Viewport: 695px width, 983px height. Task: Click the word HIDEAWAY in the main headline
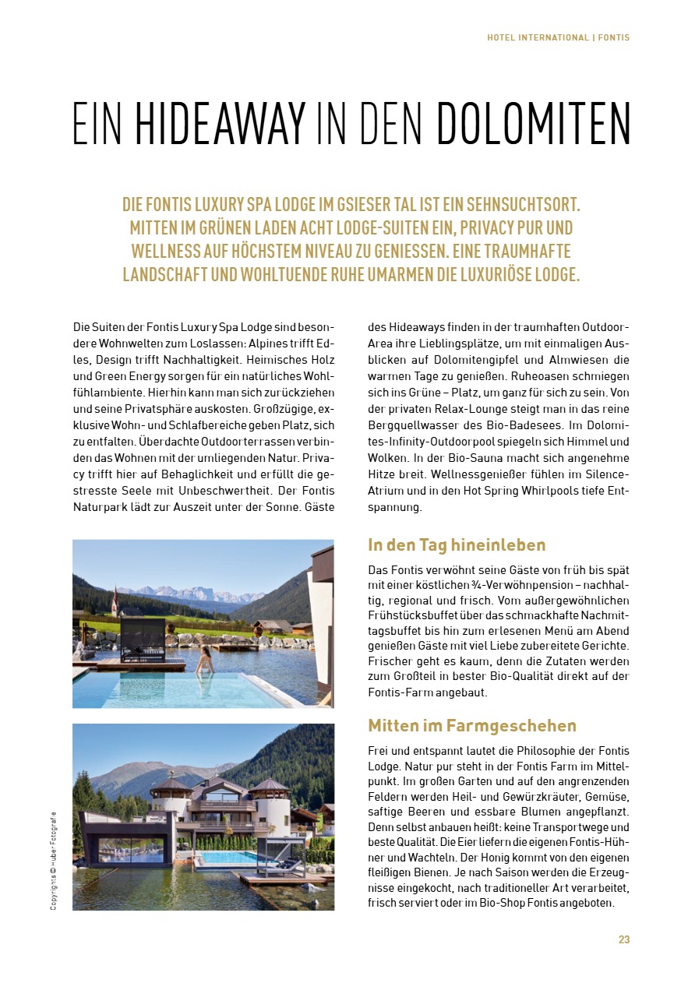pos(220,123)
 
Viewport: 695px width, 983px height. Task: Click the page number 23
pos(624,939)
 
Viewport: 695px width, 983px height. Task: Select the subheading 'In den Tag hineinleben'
pos(457,545)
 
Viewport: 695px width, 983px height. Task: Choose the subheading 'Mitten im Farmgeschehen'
pos(471,726)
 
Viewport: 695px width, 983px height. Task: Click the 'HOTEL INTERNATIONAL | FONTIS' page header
pos(558,37)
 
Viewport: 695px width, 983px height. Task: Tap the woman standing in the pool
pos(205,661)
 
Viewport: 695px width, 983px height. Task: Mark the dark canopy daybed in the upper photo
pos(143,639)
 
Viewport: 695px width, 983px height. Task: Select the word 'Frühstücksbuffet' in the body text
pos(411,615)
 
